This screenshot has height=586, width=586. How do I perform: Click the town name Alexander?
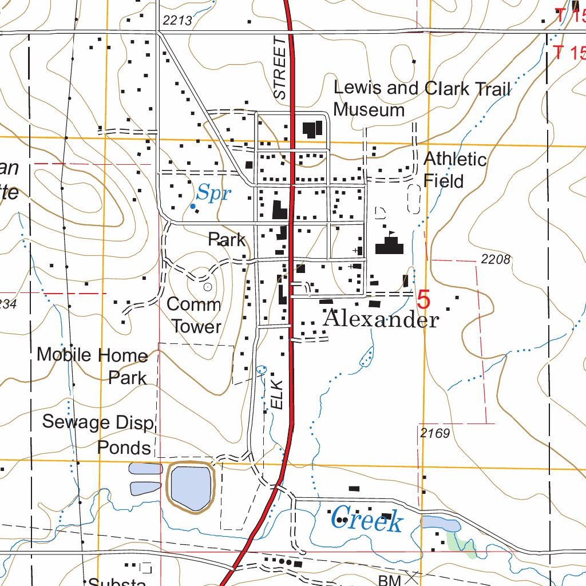381,319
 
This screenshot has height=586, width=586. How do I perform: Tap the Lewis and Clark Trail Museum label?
422,98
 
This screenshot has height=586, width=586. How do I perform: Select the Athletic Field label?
454,169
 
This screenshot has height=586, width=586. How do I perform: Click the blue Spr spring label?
214,194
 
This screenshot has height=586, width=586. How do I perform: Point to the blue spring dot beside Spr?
193,206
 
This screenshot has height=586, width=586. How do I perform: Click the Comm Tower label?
194,315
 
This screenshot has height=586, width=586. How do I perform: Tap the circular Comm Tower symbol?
207,286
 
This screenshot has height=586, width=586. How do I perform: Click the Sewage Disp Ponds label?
98,434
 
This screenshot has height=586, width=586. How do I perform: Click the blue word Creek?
367,520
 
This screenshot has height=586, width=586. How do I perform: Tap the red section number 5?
423,299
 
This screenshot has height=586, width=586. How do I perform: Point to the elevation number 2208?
495,259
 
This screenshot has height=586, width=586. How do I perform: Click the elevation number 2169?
434,433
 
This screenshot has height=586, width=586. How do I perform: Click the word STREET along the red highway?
279,69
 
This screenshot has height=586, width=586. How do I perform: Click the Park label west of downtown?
227,239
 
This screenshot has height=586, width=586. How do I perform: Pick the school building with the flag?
389,246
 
